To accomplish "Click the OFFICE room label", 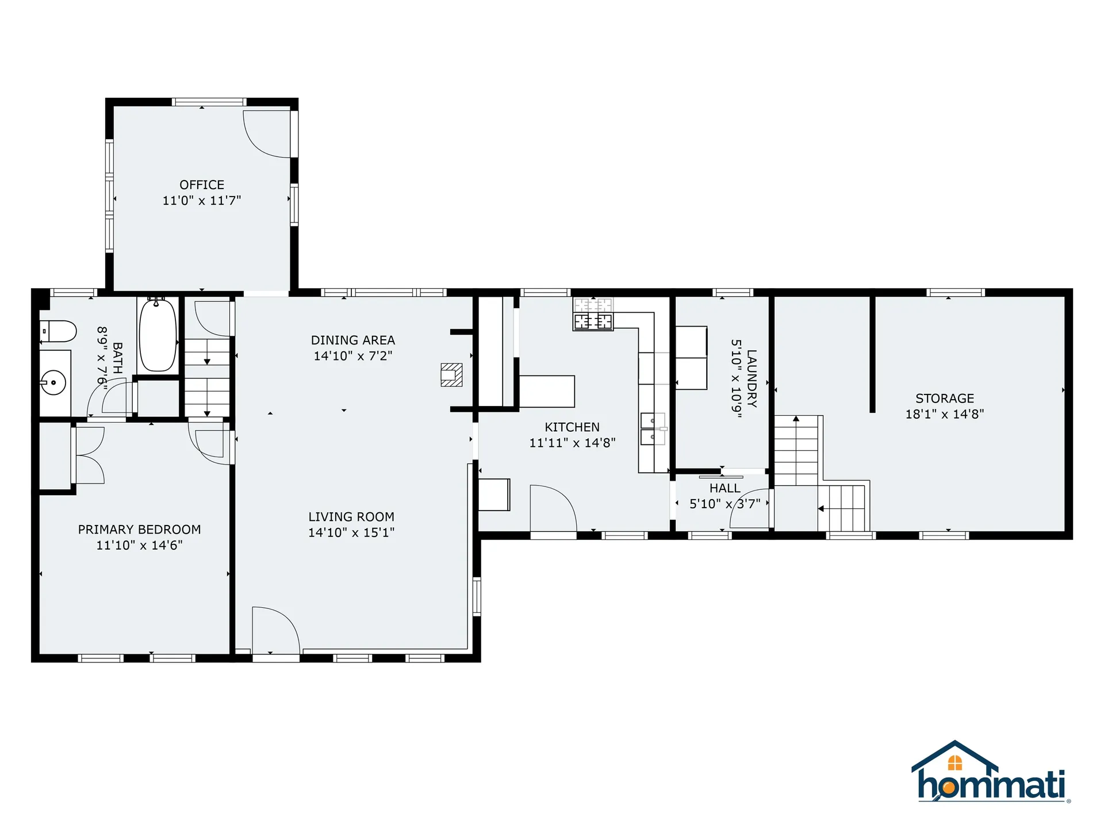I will tap(202, 185).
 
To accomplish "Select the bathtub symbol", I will tap(158, 335).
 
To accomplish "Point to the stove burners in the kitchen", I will tap(593, 321).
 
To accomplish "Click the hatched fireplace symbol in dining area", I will tap(451, 375).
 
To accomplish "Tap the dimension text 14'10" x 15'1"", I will tap(351, 532).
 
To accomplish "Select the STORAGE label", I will tap(945, 398).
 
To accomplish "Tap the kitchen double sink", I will tap(653, 429).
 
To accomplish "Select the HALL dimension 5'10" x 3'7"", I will tap(724, 504).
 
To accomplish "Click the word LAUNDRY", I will tap(752, 378).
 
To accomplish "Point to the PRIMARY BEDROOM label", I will tap(139, 529).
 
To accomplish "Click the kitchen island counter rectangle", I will tap(547, 391).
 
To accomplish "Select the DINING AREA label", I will tap(352, 340).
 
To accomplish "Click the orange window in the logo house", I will tap(955, 763).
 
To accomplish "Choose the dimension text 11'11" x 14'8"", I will tap(572, 442).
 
